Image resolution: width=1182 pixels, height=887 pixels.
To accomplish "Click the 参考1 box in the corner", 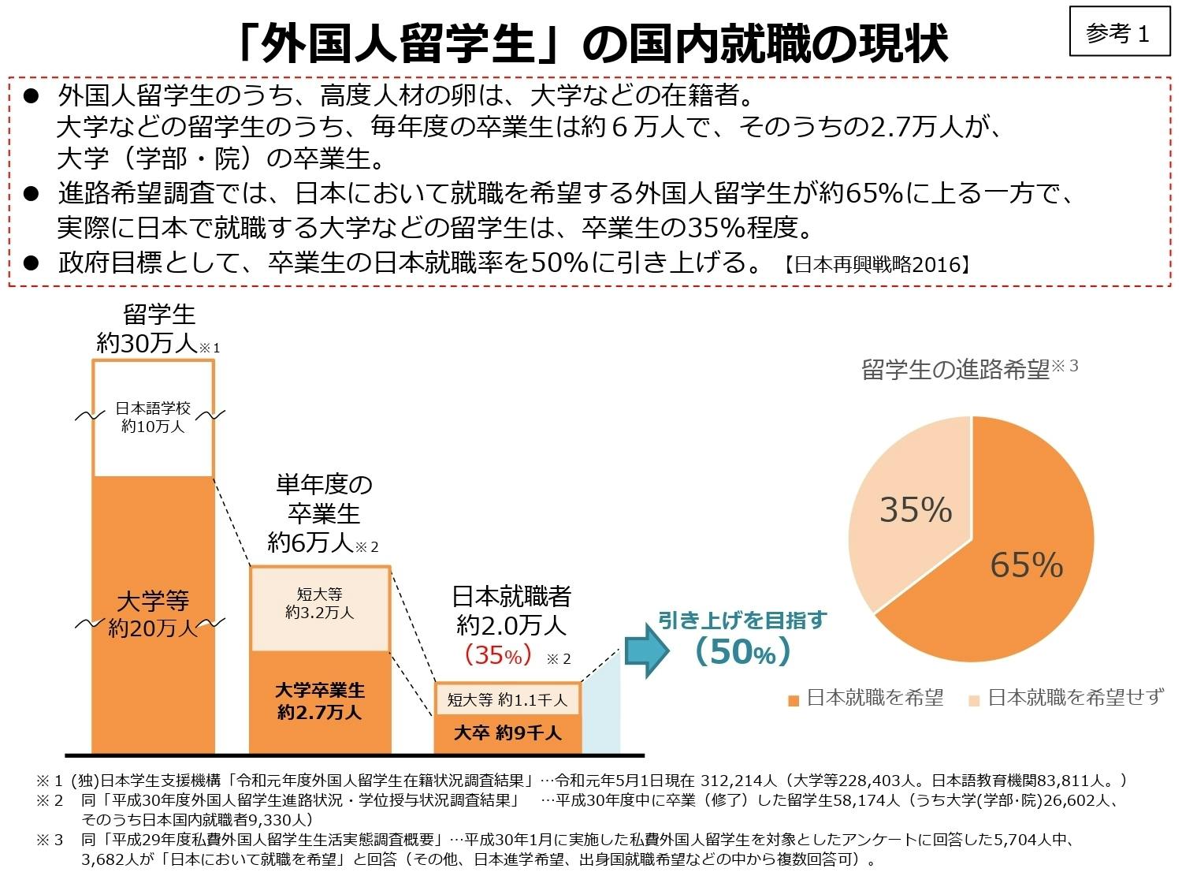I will pos(1119,32).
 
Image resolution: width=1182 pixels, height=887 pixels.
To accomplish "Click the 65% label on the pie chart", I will pos(1026,565).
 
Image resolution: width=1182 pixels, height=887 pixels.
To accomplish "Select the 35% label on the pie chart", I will pos(915,509).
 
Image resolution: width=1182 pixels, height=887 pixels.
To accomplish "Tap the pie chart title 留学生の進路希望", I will pos(956,369).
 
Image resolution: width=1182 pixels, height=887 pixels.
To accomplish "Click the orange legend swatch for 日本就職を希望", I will pos(794,699).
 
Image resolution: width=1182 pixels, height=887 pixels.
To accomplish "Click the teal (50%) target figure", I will pos(742,652).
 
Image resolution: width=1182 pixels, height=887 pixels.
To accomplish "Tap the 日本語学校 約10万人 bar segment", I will pos(153,417).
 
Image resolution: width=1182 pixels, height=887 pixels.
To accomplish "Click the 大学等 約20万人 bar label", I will pos(153,614).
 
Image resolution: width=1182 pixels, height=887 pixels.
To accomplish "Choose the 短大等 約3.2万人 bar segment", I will pos(320,603).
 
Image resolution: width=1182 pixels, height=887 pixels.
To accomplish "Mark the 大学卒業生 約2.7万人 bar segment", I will pos(320,701).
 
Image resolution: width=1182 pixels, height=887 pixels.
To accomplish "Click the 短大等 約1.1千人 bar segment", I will pos(507,699).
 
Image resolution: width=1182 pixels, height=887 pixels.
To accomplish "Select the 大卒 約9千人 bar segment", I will pos(507,733).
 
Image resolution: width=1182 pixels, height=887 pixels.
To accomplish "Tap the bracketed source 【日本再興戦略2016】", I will pos(875,264).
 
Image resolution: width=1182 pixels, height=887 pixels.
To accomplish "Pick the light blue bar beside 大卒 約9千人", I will pos(601,714).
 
